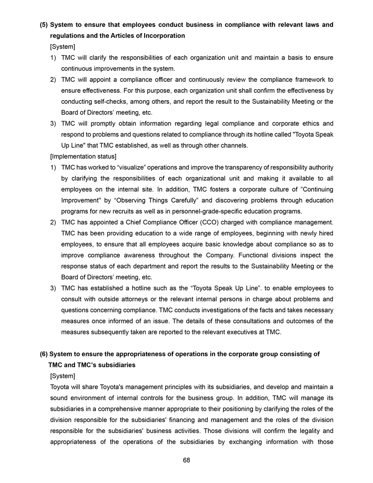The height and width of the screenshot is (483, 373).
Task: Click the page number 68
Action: click(x=186, y=460)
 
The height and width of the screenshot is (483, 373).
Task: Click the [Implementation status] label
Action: click(x=80, y=157)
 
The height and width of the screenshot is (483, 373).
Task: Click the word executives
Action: click(x=232, y=332)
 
